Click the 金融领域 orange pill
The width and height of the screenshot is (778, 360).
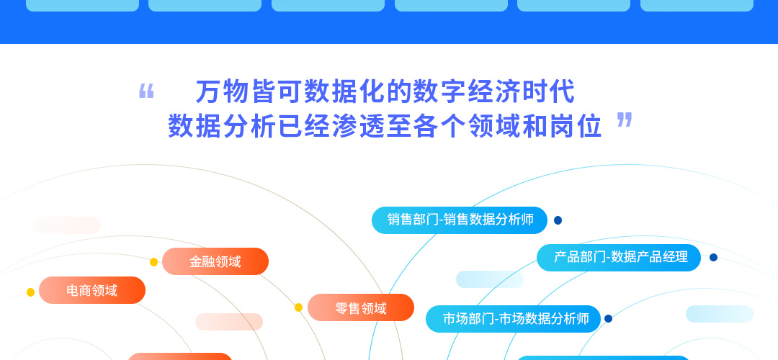pyautogui.click(x=215, y=261)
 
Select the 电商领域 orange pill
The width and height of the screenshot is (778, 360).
pyautogui.click(x=92, y=290)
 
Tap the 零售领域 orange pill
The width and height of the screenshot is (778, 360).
pyautogui.click(x=361, y=307)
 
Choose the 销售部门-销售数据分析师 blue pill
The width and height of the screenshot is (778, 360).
pyautogui.click(x=460, y=220)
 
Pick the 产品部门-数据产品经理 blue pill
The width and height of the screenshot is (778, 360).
pyautogui.click(x=619, y=258)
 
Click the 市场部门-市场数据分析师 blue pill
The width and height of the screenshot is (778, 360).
pyautogui.click(x=514, y=319)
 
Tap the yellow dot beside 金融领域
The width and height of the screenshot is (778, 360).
pyautogui.click(x=154, y=262)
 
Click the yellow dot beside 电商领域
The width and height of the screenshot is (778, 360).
pyautogui.click(x=31, y=292)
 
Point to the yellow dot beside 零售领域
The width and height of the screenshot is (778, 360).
pyautogui.click(x=299, y=307)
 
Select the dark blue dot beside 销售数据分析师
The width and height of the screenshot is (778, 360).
pyautogui.click(x=558, y=220)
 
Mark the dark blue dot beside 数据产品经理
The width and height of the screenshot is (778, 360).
pyautogui.click(x=713, y=257)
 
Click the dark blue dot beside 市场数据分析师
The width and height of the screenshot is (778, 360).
pyautogui.click(x=608, y=319)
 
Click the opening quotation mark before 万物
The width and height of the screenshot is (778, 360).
pyautogui.click(x=146, y=91)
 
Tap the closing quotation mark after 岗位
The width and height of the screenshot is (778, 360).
pyautogui.click(x=625, y=120)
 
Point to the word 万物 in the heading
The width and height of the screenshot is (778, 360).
pyautogui.click(x=222, y=91)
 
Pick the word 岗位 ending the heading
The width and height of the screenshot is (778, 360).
pyautogui.click(x=576, y=126)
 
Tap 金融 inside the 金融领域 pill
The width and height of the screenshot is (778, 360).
pyautogui.click(x=202, y=261)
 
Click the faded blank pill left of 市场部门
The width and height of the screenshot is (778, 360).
pyautogui.click(x=490, y=279)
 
